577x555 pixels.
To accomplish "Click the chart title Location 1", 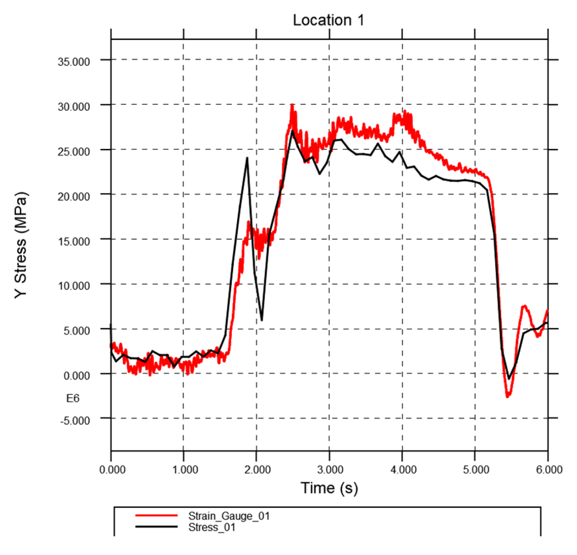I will (x=328, y=20).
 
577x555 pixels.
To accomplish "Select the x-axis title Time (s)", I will (x=329, y=488).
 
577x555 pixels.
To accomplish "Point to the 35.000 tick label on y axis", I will (x=74, y=62).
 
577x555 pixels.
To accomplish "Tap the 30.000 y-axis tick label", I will (x=74, y=107).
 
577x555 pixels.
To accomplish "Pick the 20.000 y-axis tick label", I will (x=74, y=196).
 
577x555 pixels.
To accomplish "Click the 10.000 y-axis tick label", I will (x=74, y=286).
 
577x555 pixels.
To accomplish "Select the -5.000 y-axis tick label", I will (x=75, y=420).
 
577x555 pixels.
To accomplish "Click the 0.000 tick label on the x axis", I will (x=112, y=470).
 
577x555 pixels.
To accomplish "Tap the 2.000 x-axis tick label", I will (x=257, y=470).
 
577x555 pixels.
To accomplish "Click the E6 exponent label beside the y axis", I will (x=73, y=398).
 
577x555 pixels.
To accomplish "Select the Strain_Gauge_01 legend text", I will (x=229, y=516).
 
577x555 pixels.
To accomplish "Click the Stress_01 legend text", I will (x=212, y=527).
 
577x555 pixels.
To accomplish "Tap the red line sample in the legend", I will (x=156, y=515).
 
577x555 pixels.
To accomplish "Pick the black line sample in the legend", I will (x=156, y=527).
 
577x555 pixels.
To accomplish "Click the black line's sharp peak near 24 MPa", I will (x=247, y=158).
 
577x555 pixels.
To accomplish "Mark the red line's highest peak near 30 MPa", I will (x=292, y=105).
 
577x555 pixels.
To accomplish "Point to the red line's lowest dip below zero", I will (x=507, y=396).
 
